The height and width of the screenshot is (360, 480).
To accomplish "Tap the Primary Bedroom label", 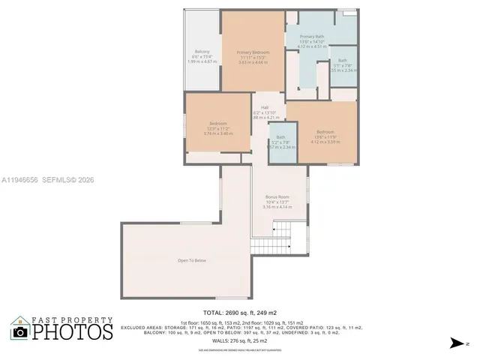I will (253, 52).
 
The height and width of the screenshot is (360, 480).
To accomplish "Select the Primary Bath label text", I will (311, 36).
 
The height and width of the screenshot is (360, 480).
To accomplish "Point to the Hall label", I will (265, 107).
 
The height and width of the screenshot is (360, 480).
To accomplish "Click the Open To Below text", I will (191, 260).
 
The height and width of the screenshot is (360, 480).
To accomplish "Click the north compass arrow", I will (455, 343).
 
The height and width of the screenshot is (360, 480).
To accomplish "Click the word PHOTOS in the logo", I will (71, 331).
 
